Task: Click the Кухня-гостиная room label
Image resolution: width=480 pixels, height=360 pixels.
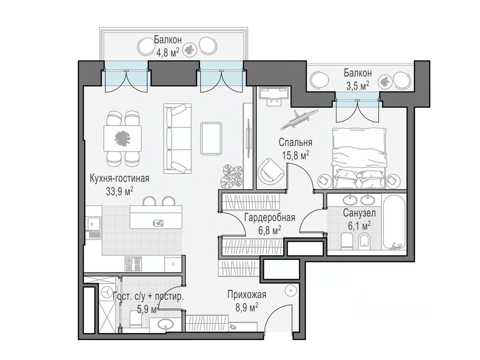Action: pos(119,178)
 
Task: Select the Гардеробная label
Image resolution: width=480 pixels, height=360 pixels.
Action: pos(270,218)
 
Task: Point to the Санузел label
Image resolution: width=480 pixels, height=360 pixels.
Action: pos(359,213)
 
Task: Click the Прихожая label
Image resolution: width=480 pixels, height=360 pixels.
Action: pos(247,295)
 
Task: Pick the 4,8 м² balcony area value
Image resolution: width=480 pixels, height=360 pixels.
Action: pos(168,53)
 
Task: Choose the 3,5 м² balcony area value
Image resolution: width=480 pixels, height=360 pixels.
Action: pos(358,86)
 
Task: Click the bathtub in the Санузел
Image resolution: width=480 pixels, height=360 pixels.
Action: pos(394,222)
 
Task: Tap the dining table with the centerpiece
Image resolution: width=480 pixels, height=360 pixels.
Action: pos(122,138)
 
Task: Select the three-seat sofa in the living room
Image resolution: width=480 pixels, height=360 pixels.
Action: pos(177,138)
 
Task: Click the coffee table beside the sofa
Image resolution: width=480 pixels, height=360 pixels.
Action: pos(212,138)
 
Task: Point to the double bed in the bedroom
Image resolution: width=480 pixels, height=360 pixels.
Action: pos(359,158)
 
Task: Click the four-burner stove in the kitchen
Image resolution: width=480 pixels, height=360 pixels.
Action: pos(133,264)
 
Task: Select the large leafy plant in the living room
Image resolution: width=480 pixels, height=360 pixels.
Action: pos(231,177)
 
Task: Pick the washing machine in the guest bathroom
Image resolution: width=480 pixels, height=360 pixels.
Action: pos(107,292)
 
